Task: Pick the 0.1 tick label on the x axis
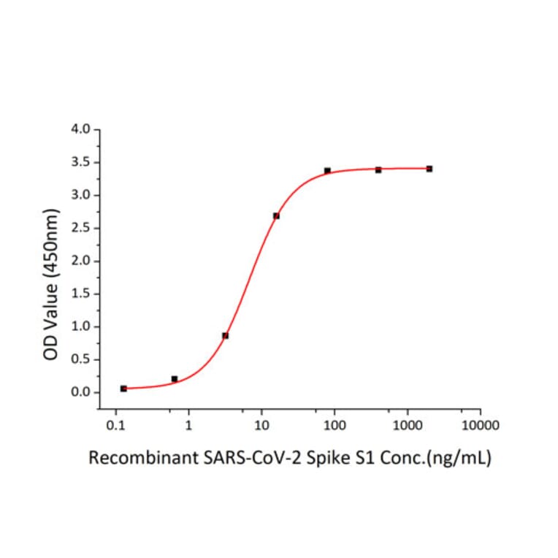115,425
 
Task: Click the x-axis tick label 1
188,425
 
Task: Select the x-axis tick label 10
261,425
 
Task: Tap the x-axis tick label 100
335,425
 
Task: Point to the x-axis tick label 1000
407,425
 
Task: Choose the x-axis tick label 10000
480,425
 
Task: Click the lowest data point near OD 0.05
123,389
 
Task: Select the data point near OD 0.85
226,336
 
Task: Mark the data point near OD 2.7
276,215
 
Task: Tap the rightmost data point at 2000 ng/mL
429,169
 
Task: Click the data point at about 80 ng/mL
327,170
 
